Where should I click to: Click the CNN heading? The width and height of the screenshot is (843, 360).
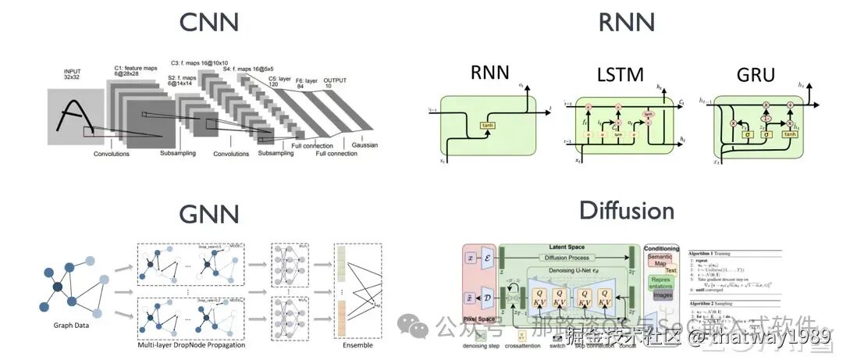(x=209, y=22)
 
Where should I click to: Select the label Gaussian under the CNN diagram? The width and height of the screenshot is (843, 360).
(x=364, y=145)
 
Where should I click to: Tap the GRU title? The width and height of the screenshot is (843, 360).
(x=755, y=74)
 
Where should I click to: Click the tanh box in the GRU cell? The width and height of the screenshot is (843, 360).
(x=790, y=134)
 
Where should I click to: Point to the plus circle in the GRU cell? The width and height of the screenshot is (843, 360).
(x=790, y=104)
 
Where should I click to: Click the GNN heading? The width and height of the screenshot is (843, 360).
(x=210, y=214)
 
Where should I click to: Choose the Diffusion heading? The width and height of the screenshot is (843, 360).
(x=627, y=210)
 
